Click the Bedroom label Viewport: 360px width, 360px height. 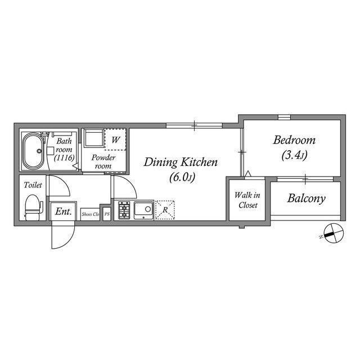coord(294,140)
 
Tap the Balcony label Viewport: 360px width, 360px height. coord(306,199)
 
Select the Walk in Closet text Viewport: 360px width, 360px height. coord(246,200)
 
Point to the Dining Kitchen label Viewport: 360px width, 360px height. coord(181,163)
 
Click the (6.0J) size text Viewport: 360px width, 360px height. coord(181,178)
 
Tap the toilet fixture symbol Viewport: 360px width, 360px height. coord(33,208)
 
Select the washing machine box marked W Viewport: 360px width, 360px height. coord(115,139)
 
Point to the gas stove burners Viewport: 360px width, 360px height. coord(124,210)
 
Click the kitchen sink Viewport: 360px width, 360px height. coord(143,210)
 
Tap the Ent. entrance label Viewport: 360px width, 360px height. coord(61,212)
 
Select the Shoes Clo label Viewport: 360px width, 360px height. coord(90,214)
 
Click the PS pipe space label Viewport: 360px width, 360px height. coord(106,214)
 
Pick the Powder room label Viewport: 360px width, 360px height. coord(104,162)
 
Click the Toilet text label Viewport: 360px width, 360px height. coord(32,184)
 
